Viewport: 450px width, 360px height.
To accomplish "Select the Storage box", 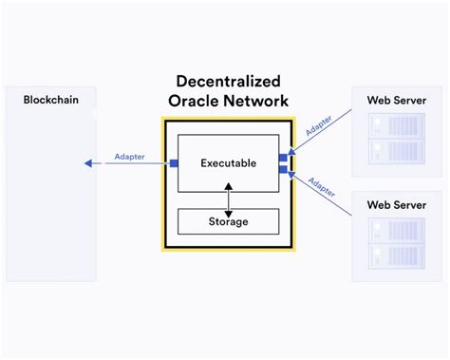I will pyautogui.click(x=228, y=221).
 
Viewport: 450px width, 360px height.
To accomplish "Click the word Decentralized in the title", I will pyautogui.click(x=228, y=83).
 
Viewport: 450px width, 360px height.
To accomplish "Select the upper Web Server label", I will pyautogui.click(x=396, y=100).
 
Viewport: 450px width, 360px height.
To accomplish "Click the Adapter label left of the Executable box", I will pyautogui.click(x=130, y=156).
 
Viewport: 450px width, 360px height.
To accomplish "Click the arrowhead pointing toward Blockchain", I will pyautogui.click(x=87, y=163).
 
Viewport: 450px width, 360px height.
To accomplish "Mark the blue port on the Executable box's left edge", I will pyautogui.click(x=174, y=163).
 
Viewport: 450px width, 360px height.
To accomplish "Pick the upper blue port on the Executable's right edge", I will pyautogui.click(x=282, y=157).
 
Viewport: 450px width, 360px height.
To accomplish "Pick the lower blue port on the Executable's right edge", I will pyautogui.click(x=282, y=169).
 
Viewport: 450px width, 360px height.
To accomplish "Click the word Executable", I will pyautogui.click(x=228, y=163).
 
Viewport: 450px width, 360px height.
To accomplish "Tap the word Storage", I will pyautogui.click(x=228, y=221).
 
